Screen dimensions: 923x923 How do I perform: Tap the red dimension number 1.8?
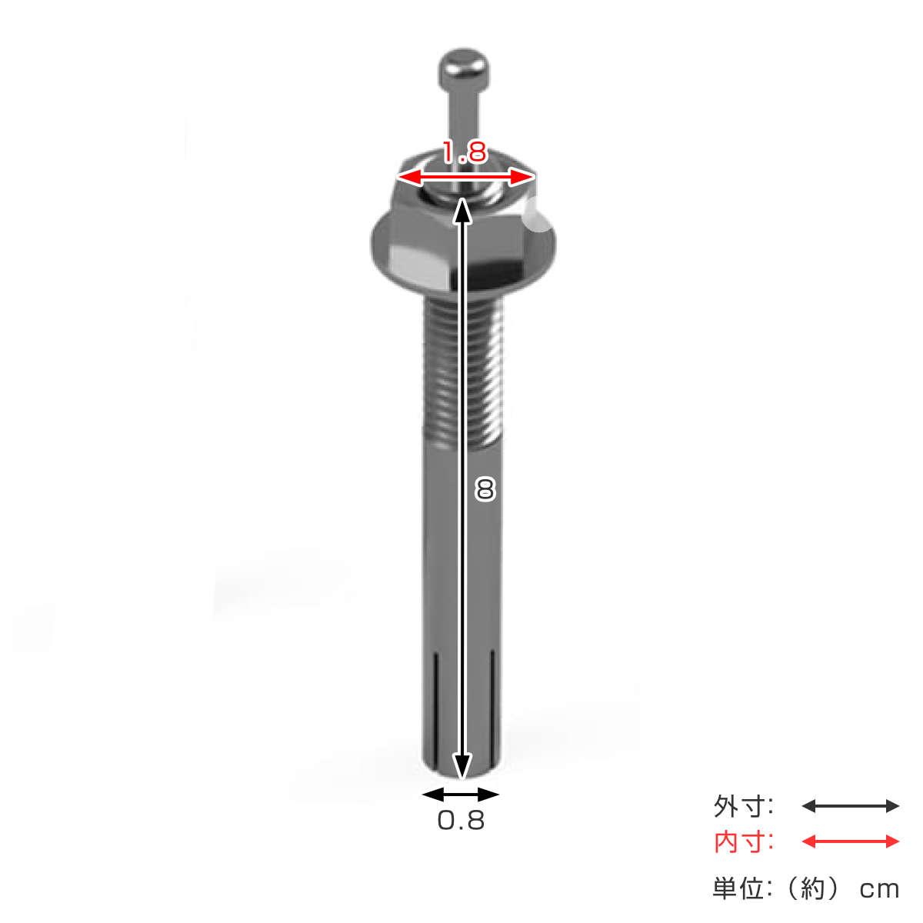pyautogui.click(x=465, y=152)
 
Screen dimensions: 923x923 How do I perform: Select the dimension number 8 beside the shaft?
pyautogui.click(x=485, y=489)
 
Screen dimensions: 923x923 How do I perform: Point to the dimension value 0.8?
pyautogui.click(x=461, y=821)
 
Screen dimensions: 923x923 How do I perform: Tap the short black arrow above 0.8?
pyautogui.click(x=461, y=795)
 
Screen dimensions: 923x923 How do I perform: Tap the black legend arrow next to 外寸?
pyautogui.click(x=850, y=806)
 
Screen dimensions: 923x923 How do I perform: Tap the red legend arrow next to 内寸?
pyautogui.click(x=850, y=841)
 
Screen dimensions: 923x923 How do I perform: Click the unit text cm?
pyautogui.click(x=879, y=889)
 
